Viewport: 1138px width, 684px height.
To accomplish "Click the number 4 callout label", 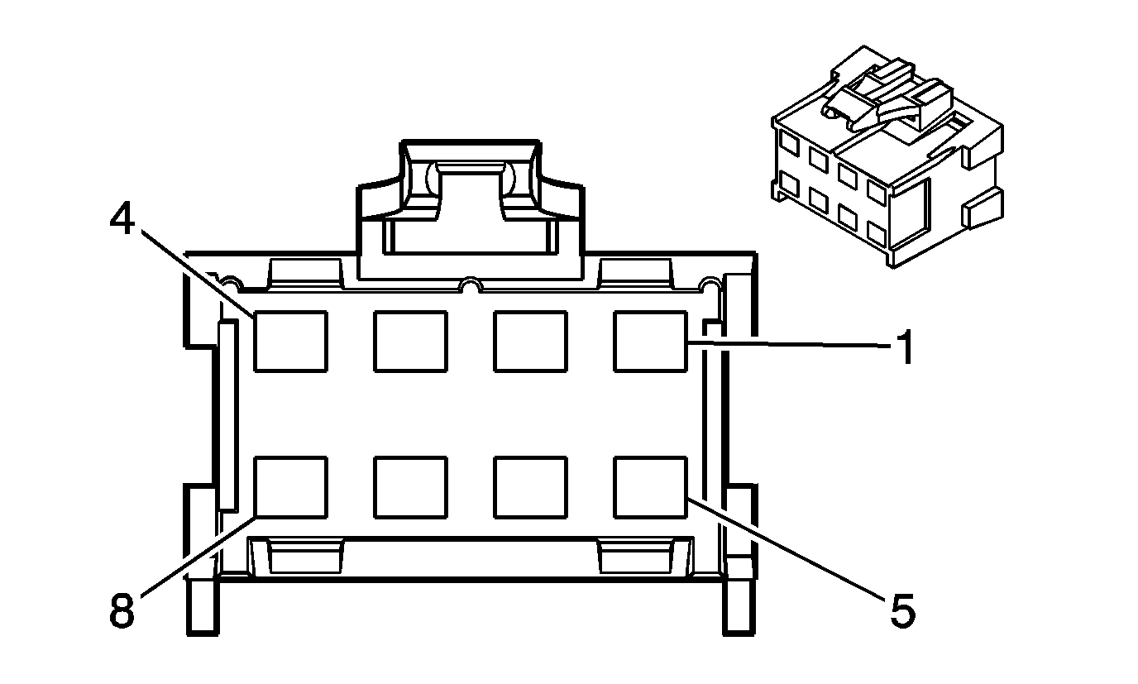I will click(x=122, y=218).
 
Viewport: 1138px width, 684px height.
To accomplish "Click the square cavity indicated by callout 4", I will click(x=289, y=341).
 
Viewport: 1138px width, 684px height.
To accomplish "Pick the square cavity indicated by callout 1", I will click(x=650, y=341).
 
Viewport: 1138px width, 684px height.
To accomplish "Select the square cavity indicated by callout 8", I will click(x=289, y=486).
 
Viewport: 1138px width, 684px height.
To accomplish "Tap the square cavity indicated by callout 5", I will click(x=650, y=486).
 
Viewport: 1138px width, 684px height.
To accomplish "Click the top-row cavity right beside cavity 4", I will click(x=410, y=341).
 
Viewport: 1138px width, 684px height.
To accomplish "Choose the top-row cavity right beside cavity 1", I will click(x=530, y=341).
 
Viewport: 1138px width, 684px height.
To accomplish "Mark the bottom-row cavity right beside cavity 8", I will click(x=410, y=486).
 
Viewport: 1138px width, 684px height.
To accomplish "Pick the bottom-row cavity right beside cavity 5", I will click(x=530, y=486).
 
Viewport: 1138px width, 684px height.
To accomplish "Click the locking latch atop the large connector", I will click(x=470, y=199).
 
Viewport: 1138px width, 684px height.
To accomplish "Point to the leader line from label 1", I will click(x=786, y=346).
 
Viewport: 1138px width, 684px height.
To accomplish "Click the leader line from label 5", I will click(x=786, y=552).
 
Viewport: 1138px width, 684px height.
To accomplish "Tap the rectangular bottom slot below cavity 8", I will click(x=306, y=557).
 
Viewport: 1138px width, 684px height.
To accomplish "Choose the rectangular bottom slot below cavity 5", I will click(x=634, y=557).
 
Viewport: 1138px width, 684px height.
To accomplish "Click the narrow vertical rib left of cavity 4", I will click(x=228, y=414).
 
